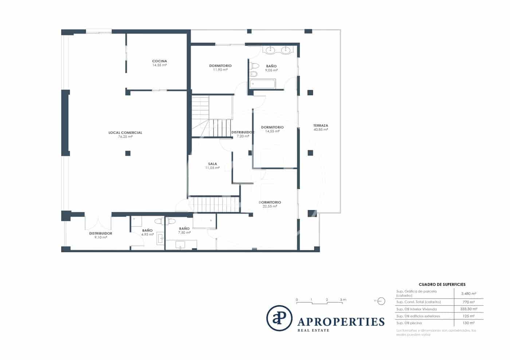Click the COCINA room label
(x=159, y=61)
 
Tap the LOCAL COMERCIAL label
(x=125, y=132)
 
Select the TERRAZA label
(x=321, y=126)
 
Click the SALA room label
(x=212, y=164)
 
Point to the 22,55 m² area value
(x=270, y=206)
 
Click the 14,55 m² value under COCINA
(x=159, y=65)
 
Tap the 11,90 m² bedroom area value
(x=220, y=70)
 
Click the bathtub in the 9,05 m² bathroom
(x=263, y=84)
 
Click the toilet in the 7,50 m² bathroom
(x=170, y=221)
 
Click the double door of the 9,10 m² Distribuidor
(x=98, y=222)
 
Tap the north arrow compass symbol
(x=381, y=301)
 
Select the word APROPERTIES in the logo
(x=341, y=322)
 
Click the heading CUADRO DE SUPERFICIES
(x=442, y=284)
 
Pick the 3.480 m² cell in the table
(x=468, y=293)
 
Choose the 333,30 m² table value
(x=468, y=309)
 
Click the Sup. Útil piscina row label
(x=409, y=323)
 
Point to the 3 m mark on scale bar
(x=343, y=300)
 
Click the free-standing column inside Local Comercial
(x=128, y=153)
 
